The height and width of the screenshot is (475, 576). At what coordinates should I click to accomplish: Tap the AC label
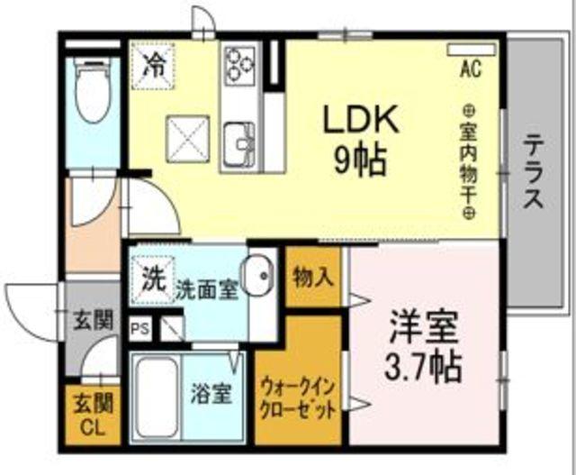pyautogui.click(x=470, y=67)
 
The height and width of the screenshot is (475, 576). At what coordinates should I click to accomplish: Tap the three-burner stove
pyautogui.click(x=240, y=66)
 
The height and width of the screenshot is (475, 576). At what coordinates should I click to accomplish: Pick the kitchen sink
pyautogui.click(x=240, y=142)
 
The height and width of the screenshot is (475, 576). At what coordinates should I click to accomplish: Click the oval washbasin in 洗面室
pyautogui.click(x=258, y=277)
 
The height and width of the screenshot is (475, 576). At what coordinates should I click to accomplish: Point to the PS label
pyautogui.click(x=140, y=329)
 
